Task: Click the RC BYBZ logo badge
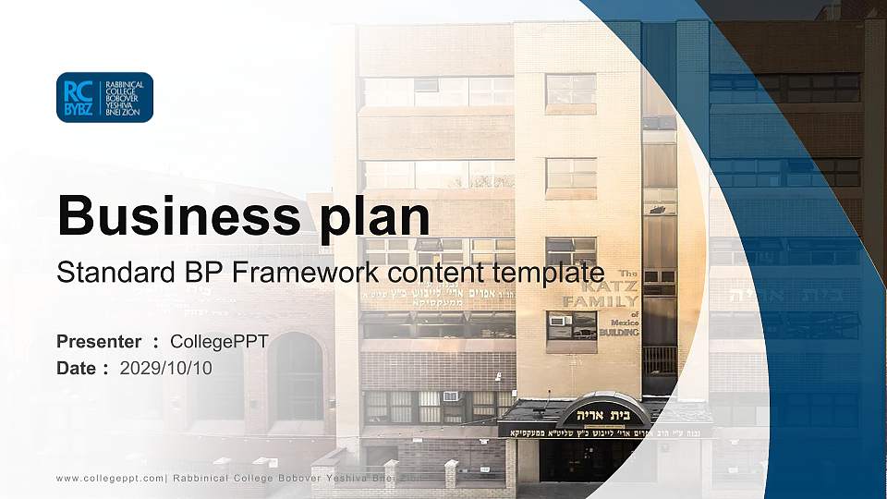pyautogui.click(x=104, y=97)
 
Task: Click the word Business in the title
pyautogui.click(x=172, y=216)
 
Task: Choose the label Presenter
pyautogui.click(x=99, y=342)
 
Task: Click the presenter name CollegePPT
pyautogui.click(x=219, y=342)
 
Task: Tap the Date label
pyautogui.click(x=78, y=368)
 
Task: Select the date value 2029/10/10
pyautogui.click(x=166, y=368)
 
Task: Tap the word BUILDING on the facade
pyautogui.click(x=618, y=331)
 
